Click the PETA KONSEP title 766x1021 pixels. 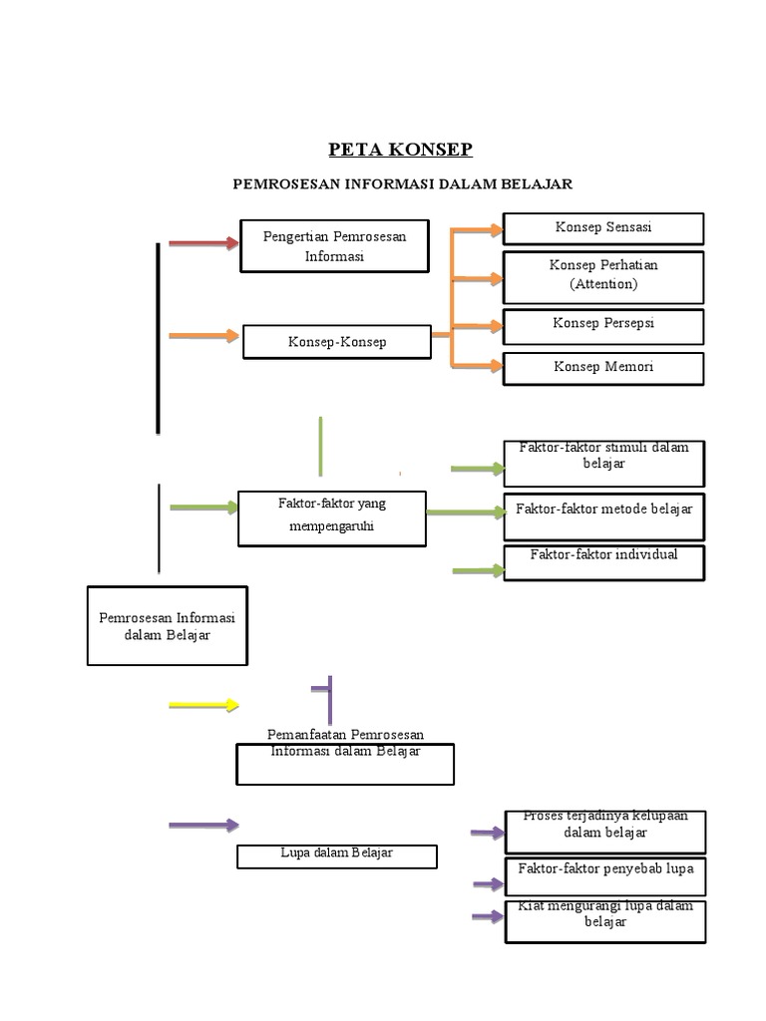coord(400,150)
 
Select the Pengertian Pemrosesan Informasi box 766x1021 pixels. coord(335,246)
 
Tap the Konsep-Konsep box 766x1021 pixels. coord(337,342)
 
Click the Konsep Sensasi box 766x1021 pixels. coord(603,228)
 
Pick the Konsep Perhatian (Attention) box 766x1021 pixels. coord(603,277)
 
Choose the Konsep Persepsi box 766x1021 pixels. coord(603,327)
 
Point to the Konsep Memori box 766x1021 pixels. coord(603,369)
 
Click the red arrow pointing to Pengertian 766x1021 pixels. coord(203,243)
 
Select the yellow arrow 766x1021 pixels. coord(203,705)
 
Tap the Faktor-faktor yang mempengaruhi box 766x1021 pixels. coord(332,518)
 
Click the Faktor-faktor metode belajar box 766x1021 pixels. coord(604,517)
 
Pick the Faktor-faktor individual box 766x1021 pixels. coord(604,562)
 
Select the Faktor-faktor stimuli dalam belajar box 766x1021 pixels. coord(604,464)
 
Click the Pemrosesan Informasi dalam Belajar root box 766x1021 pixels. coord(168,626)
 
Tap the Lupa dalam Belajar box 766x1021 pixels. coord(337,856)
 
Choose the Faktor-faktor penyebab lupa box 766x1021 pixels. coord(605,876)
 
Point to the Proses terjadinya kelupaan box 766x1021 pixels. coord(605,833)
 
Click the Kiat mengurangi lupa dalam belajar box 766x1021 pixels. coord(605,921)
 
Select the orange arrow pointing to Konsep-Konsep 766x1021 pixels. coord(203,335)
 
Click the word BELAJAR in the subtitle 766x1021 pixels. coord(537,184)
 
